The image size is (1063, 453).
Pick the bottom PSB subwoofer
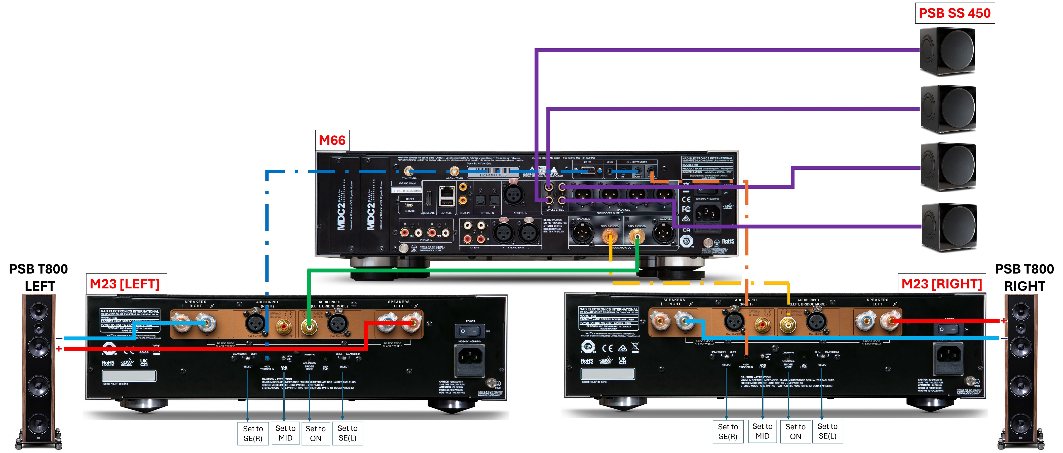point(949,227)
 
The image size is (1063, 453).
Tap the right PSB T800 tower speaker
point(1021,371)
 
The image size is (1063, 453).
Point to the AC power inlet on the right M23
point(949,355)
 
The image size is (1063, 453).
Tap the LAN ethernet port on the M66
point(446,192)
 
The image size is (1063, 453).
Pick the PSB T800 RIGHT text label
point(1024,277)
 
